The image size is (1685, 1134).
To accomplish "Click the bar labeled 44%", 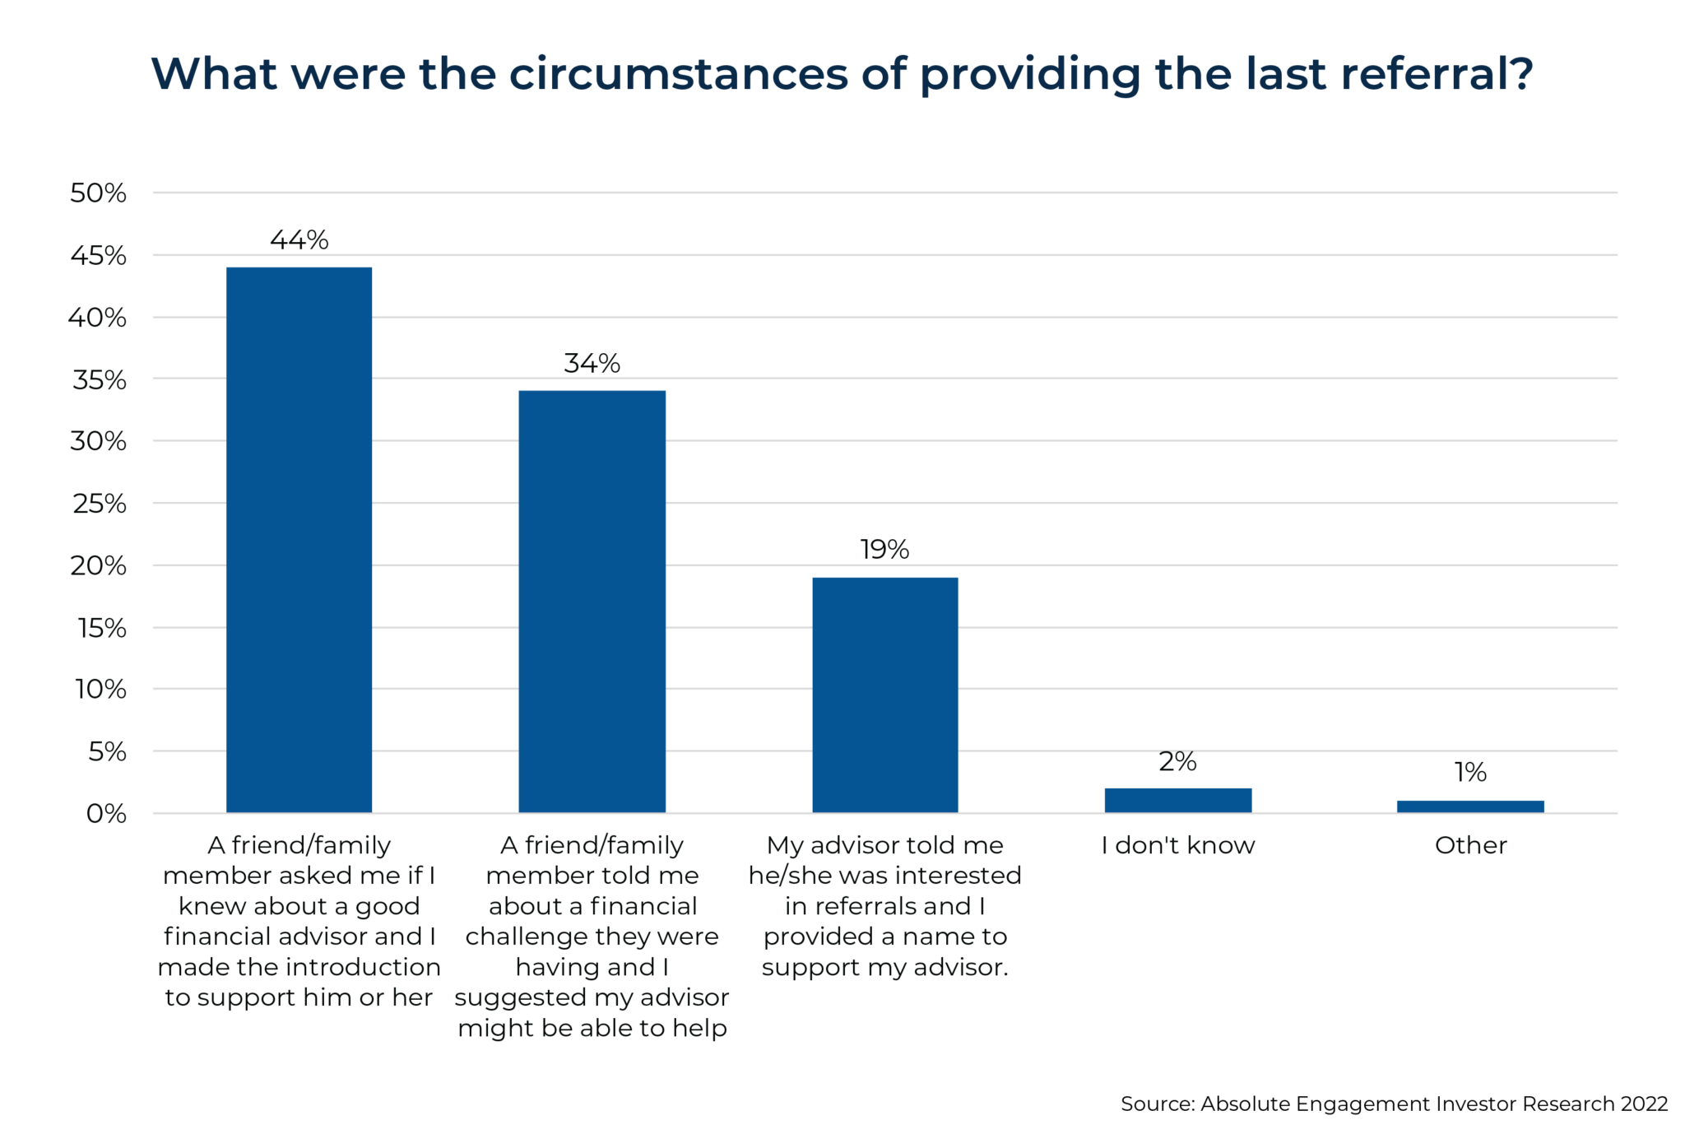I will tap(299, 539).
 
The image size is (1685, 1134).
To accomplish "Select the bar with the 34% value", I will tap(592, 601).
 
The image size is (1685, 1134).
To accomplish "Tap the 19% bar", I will tap(884, 695).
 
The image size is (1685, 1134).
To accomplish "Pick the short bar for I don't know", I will tap(1177, 800).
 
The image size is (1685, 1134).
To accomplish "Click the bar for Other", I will tap(1470, 806).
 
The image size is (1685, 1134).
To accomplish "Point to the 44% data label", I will tap(299, 240).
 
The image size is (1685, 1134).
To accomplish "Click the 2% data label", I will tap(1177, 761).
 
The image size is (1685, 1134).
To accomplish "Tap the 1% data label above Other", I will tap(1470, 772).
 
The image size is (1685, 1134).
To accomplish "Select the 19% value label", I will tap(884, 549).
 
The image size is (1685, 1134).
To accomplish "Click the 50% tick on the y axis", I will tap(98, 193).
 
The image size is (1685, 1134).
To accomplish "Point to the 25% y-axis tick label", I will tap(100, 504).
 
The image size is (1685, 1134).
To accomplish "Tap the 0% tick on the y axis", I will tap(106, 814).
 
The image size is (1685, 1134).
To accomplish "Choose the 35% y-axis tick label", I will tap(100, 380).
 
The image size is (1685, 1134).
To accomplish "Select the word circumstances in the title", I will tap(678, 74).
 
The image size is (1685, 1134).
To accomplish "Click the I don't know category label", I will tap(1177, 845).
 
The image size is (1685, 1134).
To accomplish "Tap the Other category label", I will tap(1470, 845).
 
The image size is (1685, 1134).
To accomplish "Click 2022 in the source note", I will tap(1644, 1104).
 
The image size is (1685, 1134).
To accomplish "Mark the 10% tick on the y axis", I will tap(100, 689).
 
